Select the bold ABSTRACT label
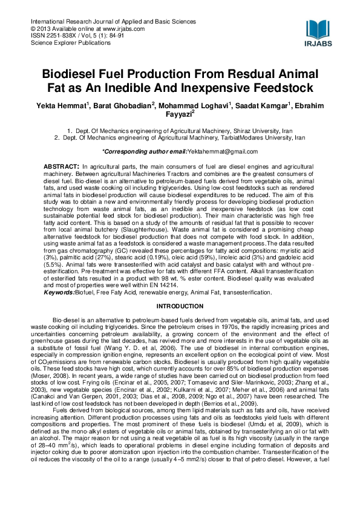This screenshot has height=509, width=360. coord(61,166)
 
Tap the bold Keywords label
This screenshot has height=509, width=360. coord(58,293)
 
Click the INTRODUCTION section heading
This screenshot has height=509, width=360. coord(180,306)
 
